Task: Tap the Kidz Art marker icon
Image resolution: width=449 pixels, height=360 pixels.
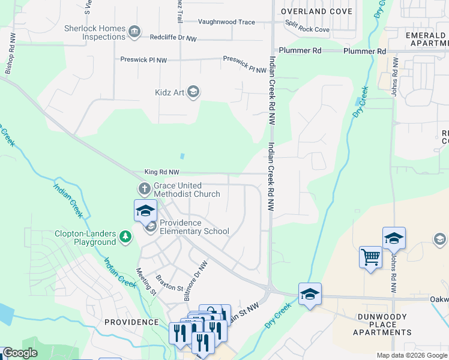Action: pos(193,92)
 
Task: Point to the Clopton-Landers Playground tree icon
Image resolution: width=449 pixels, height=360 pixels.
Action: pos(125,238)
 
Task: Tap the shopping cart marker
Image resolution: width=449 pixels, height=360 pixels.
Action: pos(370,257)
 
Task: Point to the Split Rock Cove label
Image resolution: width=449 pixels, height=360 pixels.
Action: pos(307,29)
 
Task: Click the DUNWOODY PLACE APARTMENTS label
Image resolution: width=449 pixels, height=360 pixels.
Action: pos(382,324)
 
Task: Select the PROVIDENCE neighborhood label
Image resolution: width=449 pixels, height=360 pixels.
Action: pos(131,322)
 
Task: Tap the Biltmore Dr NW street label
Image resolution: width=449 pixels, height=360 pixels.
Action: pos(195,280)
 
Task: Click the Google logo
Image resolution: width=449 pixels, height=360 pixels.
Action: pos(20,353)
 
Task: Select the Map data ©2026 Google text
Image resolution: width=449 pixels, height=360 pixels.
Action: pos(411,355)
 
